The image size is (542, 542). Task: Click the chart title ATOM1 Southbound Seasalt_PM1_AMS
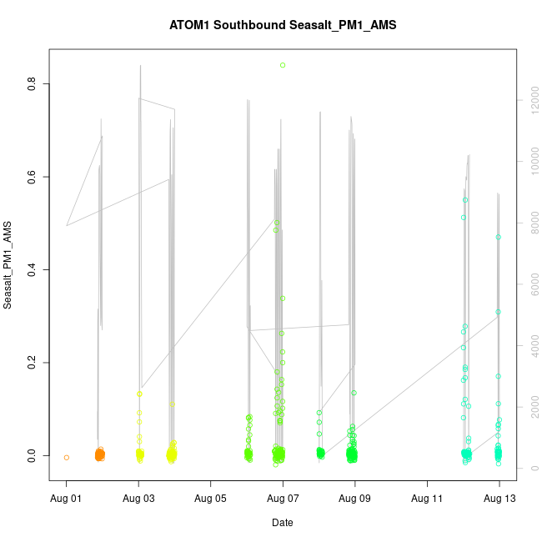283,25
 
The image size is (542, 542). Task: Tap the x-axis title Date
283,523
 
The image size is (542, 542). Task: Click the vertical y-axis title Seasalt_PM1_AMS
8,266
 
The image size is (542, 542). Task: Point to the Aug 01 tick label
67,499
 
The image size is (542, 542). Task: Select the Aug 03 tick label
138,499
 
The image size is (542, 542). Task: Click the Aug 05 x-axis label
211,499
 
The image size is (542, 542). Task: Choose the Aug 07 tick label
283,499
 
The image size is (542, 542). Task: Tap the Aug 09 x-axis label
355,499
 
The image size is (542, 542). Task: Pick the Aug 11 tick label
427,499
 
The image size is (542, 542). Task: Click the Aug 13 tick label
499,499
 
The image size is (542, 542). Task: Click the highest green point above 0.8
283,65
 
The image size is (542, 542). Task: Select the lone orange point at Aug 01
67,457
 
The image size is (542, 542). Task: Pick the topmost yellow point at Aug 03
140,394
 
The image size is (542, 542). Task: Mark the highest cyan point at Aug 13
499,237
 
